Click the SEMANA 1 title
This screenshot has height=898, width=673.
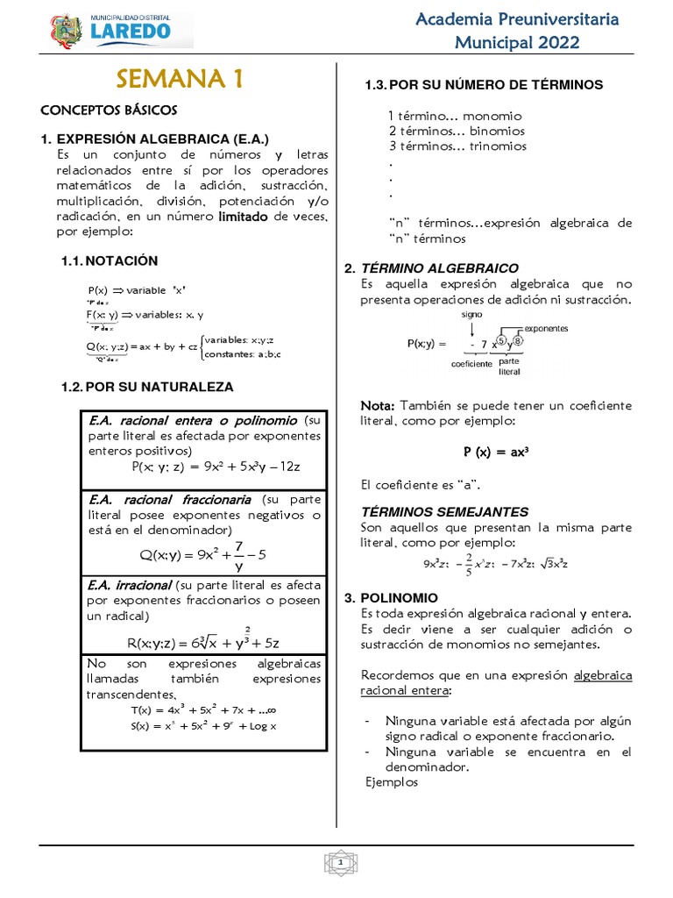pyautogui.click(x=180, y=79)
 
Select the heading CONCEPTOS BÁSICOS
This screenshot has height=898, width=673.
pyautogui.click(x=109, y=110)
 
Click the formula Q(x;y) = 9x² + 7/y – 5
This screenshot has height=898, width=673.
pyautogui.click(x=202, y=554)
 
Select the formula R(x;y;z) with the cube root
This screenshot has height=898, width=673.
pyautogui.click(x=203, y=641)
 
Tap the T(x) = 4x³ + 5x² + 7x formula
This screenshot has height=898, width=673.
pyautogui.click(x=203, y=709)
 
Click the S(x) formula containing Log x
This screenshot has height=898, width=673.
pyautogui.click(x=203, y=726)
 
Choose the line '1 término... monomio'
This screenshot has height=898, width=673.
pyautogui.click(x=455, y=116)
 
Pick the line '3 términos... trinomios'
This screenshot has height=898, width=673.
pyautogui.click(x=457, y=146)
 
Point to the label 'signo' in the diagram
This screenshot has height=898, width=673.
pyautogui.click(x=472, y=313)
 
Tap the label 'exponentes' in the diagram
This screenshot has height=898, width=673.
pyautogui.click(x=546, y=328)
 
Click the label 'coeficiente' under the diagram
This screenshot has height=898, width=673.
pyautogui.click(x=471, y=363)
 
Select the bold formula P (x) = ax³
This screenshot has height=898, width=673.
pyautogui.click(x=497, y=453)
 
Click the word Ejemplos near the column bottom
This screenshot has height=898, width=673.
pyautogui.click(x=392, y=783)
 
